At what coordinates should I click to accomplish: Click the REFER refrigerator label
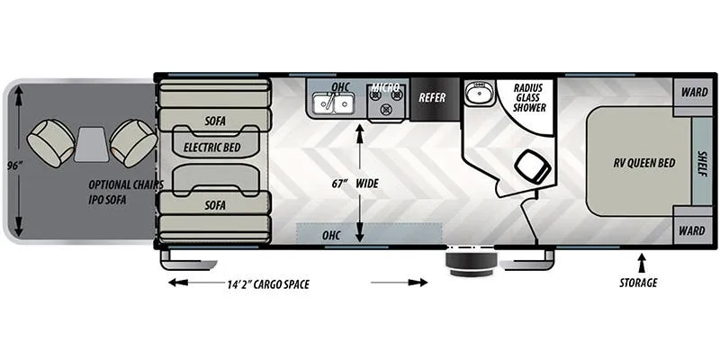pyautogui.click(x=432, y=98)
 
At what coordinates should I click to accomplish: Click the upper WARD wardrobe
pyautogui.click(x=694, y=93)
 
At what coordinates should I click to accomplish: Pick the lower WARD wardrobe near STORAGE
pyautogui.click(x=693, y=230)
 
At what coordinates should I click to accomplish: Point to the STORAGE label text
pyautogui.click(x=638, y=283)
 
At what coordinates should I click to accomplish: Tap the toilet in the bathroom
pyautogui.click(x=533, y=166)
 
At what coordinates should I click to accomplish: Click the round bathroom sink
pyautogui.click(x=479, y=93)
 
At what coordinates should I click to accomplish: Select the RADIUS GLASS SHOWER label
pyautogui.click(x=529, y=97)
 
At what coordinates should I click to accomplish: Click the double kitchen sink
pyautogui.click(x=332, y=103)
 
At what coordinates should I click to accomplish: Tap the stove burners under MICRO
pyautogui.click(x=386, y=102)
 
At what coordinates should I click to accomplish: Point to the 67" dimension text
pyautogui.click(x=339, y=184)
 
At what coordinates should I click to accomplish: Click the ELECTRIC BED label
pyautogui.click(x=212, y=148)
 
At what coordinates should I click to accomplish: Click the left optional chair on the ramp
pyautogui.click(x=51, y=143)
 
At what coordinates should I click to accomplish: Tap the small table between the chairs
pyautogui.click(x=92, y=145)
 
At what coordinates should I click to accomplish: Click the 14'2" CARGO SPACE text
pyautogui.click(x=267, y=284)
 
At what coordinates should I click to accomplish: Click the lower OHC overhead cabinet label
pyautogui.click(x=331, y=236)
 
